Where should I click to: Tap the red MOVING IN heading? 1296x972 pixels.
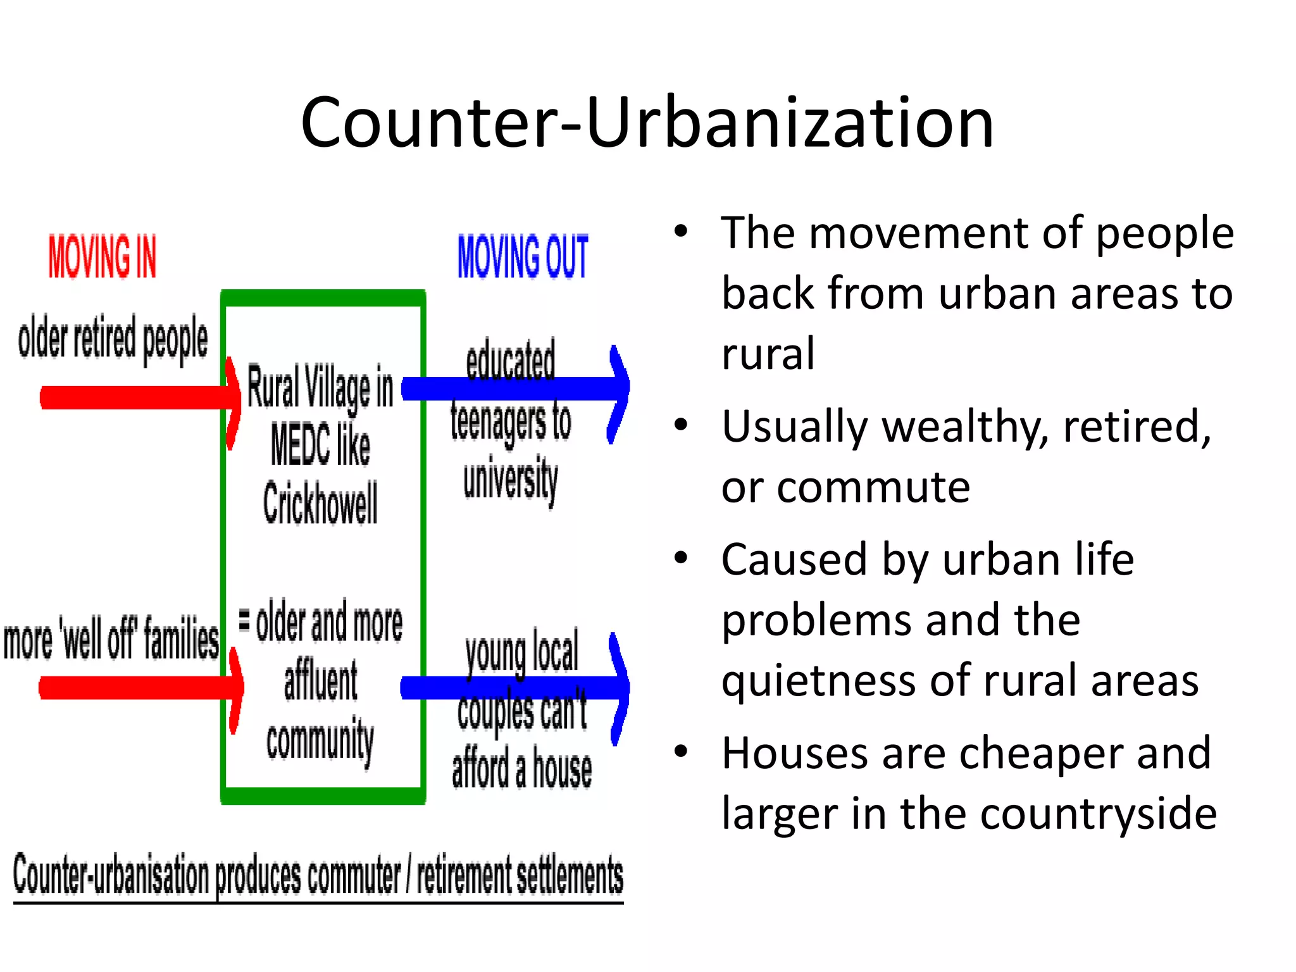click(103, 256)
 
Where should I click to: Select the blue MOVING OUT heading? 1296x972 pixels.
click(523, 256)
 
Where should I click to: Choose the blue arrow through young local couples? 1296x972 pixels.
click(607, 687)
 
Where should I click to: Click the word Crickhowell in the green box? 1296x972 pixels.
click(320, 503)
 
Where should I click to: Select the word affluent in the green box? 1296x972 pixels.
click(321, 681)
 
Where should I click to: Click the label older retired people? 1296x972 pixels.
click(113, 339)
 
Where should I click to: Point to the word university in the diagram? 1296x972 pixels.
click(511, 479)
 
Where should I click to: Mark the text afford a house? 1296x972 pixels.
click(521, 769)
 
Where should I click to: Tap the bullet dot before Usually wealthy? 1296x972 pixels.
click(681, 425)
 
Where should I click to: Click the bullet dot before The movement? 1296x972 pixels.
click(681, 231)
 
